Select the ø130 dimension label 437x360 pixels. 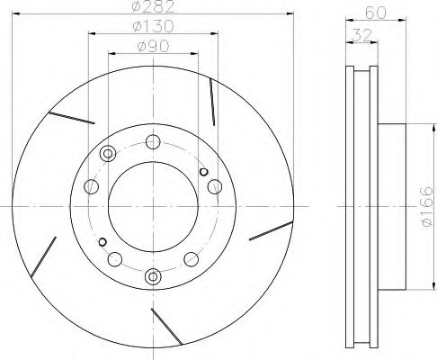156,28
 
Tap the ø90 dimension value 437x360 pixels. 155,47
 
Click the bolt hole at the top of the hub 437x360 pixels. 154,140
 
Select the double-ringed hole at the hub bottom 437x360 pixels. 154,275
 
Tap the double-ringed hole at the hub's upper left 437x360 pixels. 109,153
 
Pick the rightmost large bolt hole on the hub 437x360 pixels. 214,186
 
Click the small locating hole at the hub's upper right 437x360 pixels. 203,172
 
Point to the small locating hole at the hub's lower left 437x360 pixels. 103,241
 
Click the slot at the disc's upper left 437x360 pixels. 74,117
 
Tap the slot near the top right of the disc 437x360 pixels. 210,102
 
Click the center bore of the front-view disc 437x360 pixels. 154,208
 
